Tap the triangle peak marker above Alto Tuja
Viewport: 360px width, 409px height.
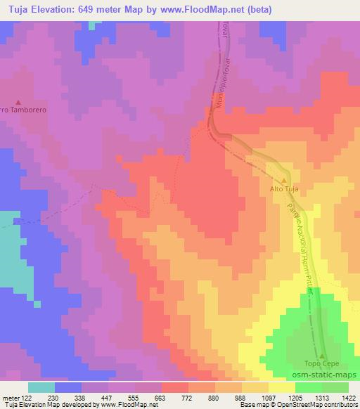coord(285,180)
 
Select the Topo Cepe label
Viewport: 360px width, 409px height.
coord(321,363)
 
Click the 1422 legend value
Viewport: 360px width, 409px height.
coord(348,397)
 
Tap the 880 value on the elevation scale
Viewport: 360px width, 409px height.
coord(214,397)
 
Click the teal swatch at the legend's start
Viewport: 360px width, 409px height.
coord(41,387)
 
